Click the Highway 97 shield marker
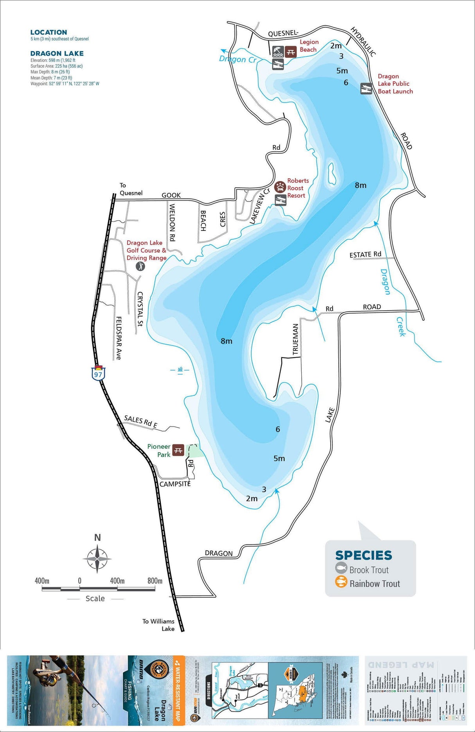98,373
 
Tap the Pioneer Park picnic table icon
178,450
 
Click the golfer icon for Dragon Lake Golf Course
140,266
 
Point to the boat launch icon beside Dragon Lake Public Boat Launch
366,89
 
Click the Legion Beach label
309,46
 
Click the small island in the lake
331,173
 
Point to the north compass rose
97,558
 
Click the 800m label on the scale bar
155,581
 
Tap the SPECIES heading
363,555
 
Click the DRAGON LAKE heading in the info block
57,54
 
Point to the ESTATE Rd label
365,255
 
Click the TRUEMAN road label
295,339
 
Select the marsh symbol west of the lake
180,370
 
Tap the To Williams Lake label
158,625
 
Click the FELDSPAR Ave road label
119,338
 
